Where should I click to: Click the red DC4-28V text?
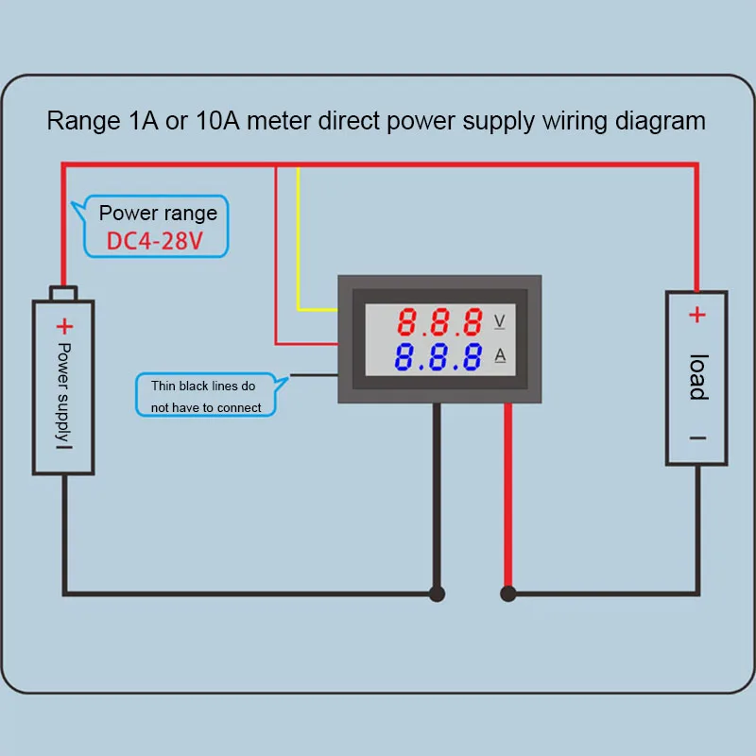pos(154,241)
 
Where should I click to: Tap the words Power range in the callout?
pos(158,214)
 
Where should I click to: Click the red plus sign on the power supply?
pos(64,326)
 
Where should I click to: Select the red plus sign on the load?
pos(697,315)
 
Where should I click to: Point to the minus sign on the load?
pos(697,438)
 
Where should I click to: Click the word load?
pos(698,377)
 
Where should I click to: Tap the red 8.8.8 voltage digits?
pos(439,321)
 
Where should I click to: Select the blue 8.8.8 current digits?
pos(438,357)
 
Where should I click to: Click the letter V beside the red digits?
pos(500,321)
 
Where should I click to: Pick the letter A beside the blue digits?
pos(500,355)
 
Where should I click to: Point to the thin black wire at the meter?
pos(314,375)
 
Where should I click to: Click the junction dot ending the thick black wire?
pos(437,594)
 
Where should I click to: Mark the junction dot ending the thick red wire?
pos(508,594)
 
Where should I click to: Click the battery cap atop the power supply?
pos(63,293)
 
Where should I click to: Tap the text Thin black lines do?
pos(203,386)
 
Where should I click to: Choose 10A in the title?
pos(217,121)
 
